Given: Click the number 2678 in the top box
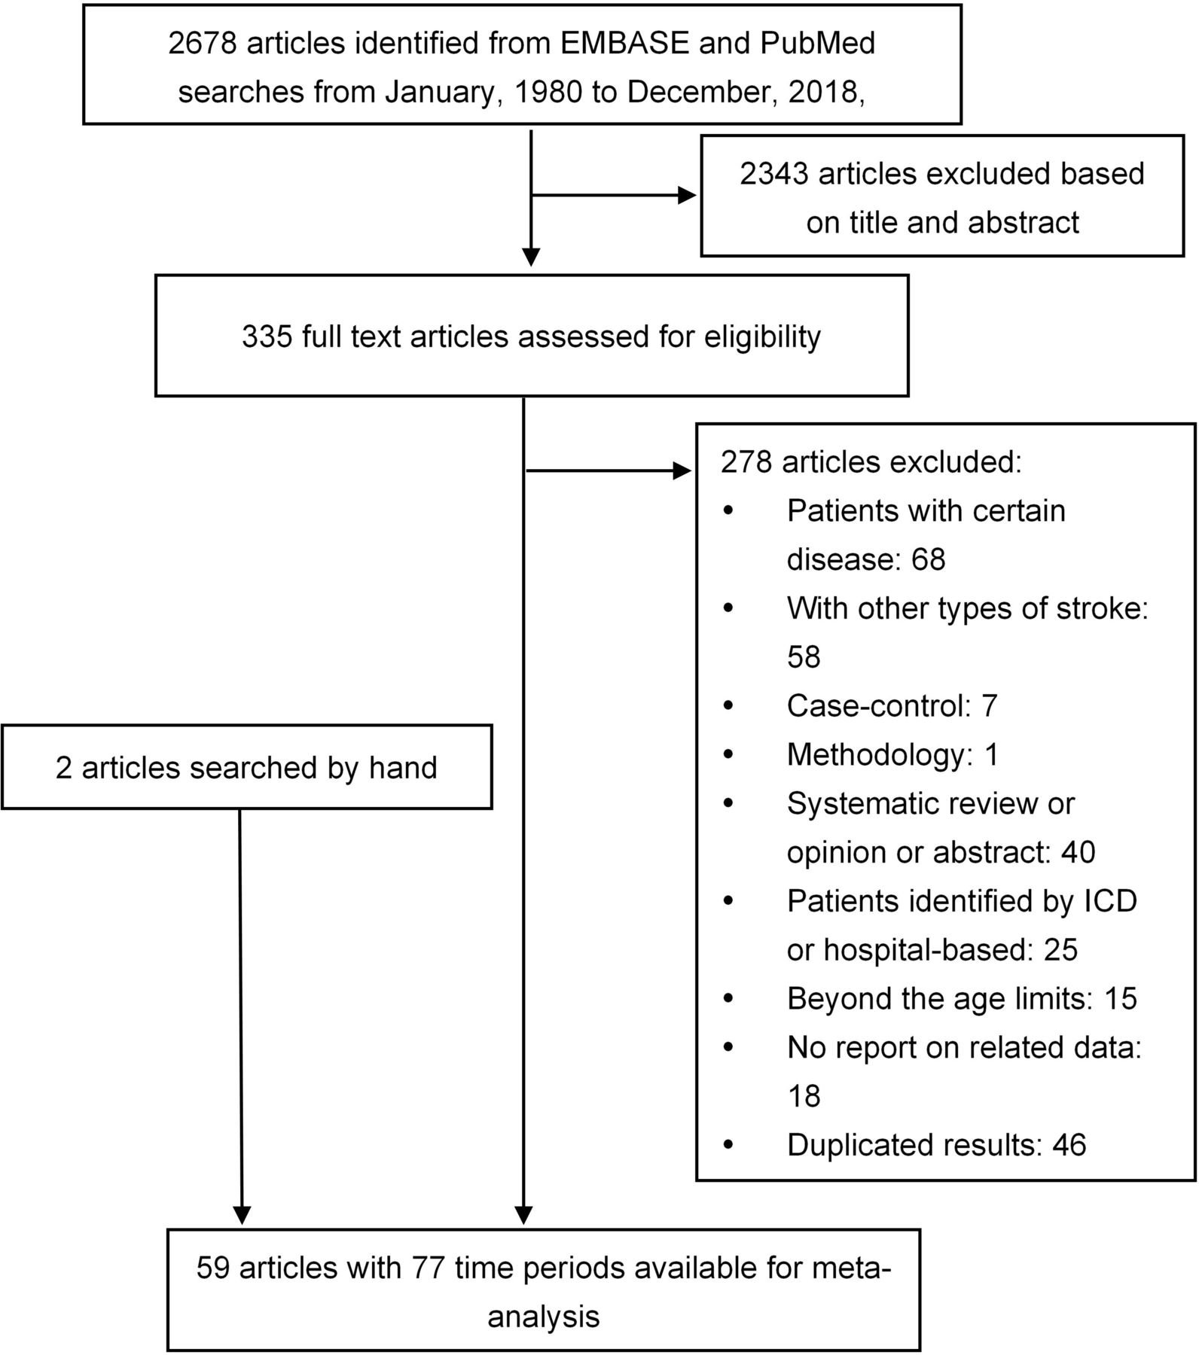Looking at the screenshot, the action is click(x=203, y=43).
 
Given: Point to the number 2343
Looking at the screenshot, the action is click(x=774, y=173).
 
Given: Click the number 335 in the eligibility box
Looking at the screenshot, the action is click(x=267, y=336).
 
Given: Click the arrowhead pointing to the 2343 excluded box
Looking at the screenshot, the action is click(x=687, y=196).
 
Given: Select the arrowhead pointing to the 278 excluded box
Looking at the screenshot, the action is click(x=682, y=472).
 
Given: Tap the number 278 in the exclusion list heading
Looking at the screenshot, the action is click(x=746, y=461).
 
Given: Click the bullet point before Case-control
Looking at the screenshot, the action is click(x=728, y=706).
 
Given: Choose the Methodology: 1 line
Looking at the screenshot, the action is click(x=892, y=755).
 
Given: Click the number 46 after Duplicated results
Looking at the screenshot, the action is click(x=1069, y=1145).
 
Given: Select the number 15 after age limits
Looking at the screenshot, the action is click(x=1119, y=998).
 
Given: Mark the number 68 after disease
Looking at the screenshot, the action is click(x=928, y=559).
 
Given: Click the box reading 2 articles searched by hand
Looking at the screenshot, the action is click(x=246, y=767).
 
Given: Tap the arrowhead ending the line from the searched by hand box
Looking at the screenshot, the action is click(x=242, y=1215).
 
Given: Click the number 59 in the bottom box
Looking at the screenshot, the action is click(x=214, y=1268).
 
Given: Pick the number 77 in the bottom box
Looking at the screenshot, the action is click(x=429, y=1268).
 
